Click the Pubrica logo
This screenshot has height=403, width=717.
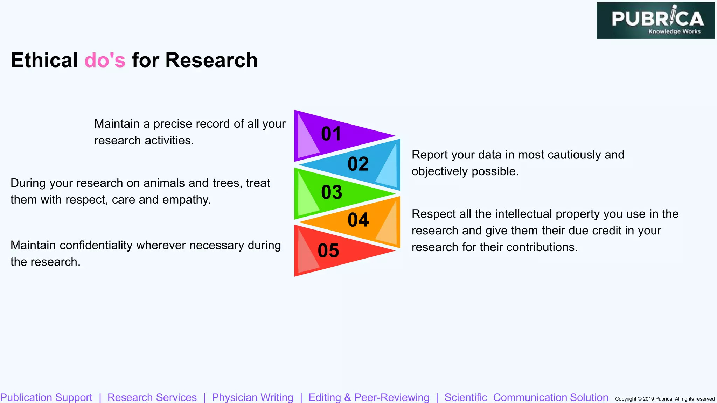655,21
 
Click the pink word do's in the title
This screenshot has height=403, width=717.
105,60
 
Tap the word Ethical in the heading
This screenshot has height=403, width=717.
44,60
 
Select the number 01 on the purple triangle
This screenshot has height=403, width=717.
331,134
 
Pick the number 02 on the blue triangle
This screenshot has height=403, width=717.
358,164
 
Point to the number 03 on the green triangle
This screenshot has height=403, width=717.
332,192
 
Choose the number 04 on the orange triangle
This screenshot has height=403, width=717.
358,220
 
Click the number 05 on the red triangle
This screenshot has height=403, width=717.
328,251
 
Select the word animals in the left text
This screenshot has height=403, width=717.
164,183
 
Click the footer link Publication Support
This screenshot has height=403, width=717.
46,397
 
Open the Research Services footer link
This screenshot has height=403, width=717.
152,397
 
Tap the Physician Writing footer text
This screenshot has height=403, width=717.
252,397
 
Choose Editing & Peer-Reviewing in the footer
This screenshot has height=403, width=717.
369,397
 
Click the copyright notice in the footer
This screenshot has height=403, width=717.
664,399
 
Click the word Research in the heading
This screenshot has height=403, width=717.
211,60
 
